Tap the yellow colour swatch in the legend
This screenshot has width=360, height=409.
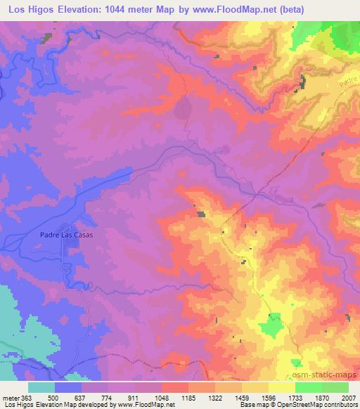click(x=281, y=387)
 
